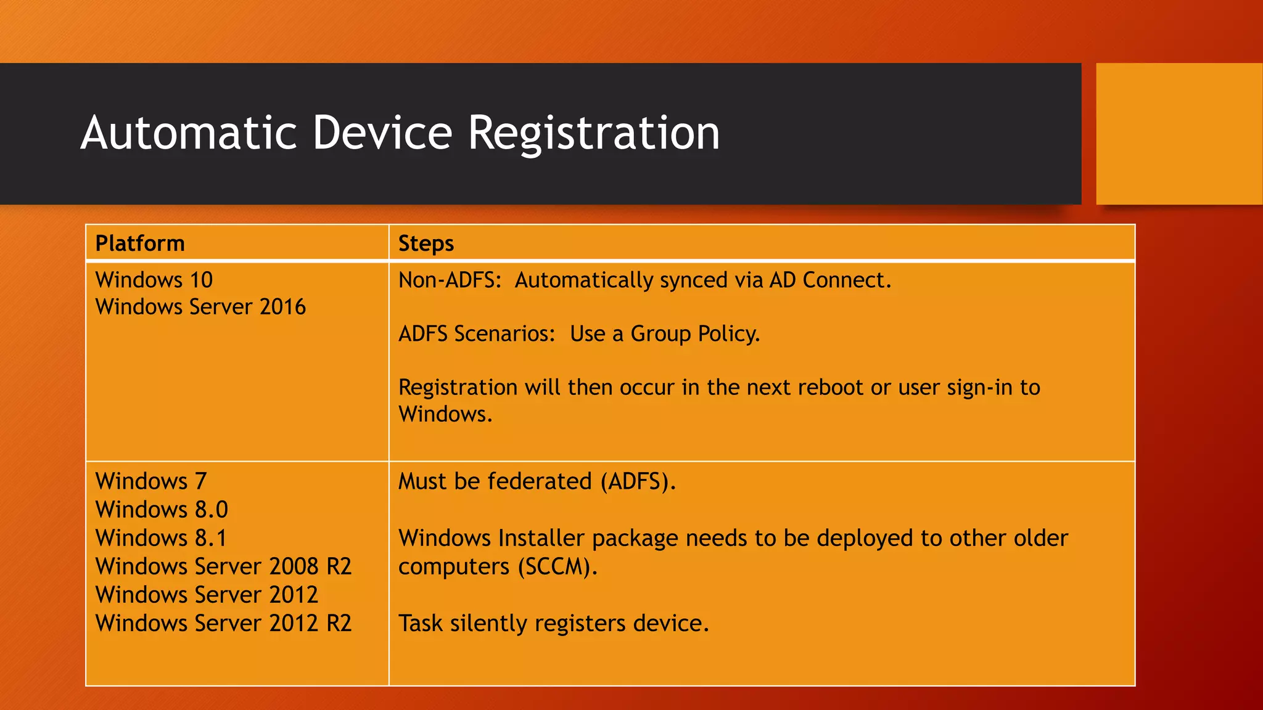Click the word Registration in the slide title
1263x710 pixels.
point(593,133)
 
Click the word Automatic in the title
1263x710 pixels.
point(189,133)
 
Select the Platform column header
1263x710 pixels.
point(140,243)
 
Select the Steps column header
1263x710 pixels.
point(426,243)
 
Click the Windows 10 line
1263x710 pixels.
point(154,280)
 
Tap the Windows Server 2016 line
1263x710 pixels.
point(200,307)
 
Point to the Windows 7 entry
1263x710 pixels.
point(151,481)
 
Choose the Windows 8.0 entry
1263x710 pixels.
point(162,510)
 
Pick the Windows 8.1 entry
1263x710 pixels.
point(161,538)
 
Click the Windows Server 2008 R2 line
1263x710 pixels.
point(223,566)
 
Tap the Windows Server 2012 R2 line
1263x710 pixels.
point(223,623)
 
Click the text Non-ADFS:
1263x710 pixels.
point(450,280)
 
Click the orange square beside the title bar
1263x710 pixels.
point(1179,133)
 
